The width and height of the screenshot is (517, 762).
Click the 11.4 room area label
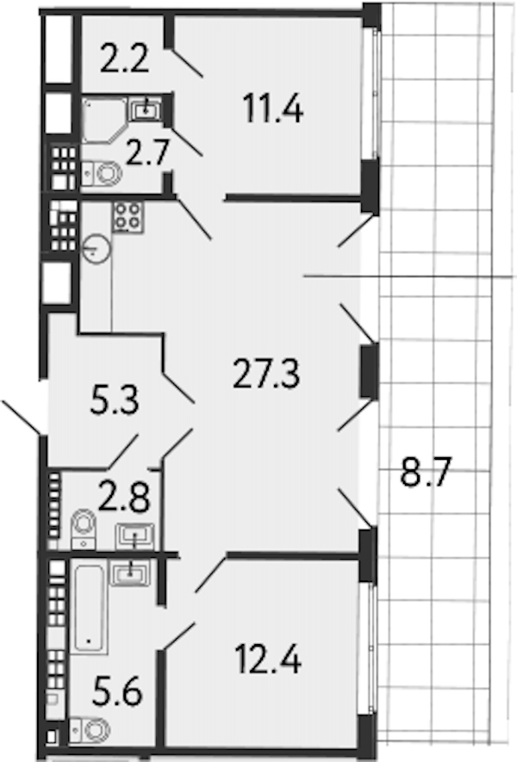tap(273, 108)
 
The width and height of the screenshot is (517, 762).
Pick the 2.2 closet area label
tap(124, 58)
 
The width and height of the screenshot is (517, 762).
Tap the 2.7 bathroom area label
tap(146, 152)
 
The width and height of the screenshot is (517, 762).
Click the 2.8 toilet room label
tap(123, 497)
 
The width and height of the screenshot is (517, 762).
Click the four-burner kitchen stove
tap(128, 217)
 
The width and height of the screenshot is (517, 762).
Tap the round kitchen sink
tap(97, 250)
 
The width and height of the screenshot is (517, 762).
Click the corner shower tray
tap(105, 120)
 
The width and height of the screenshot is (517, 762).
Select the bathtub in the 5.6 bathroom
tap(89, 609)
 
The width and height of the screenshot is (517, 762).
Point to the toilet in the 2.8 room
tap(84, 530)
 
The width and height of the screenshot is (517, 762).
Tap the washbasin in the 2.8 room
tap(134, 536)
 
